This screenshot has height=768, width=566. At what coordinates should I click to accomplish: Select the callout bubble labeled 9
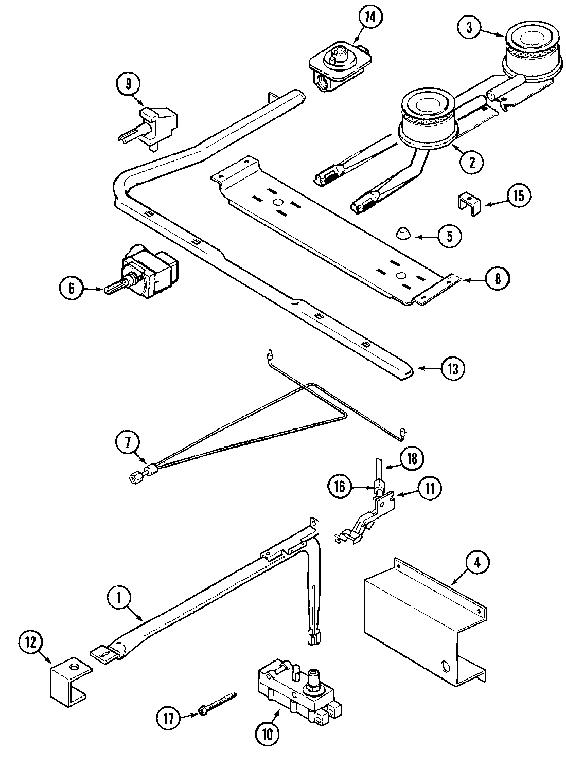click(x=128, y=83)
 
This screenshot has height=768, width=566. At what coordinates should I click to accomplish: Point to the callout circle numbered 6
click(x=71, y=288)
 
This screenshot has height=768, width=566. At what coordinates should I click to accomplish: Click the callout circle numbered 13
click(x=455, y=368)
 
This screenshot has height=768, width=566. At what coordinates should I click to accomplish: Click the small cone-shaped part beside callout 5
click(x=402, y=233)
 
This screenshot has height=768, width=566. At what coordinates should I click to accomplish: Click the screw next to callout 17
click(x=219, y=703)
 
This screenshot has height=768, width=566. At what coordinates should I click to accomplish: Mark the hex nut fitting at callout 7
click(x=136, y=479)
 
